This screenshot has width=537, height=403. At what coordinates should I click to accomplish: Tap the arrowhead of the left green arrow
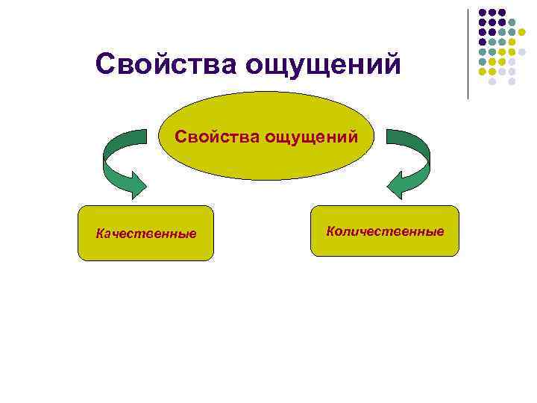click(x=137, y=184)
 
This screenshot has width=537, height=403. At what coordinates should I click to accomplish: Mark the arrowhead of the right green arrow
click(x=395, y=184)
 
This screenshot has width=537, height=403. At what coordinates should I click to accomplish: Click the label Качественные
click(x=146, y=234)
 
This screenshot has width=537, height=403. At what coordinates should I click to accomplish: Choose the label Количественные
click(x=385, y=231)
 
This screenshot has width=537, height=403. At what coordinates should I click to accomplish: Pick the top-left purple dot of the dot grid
click(x=483, y=13)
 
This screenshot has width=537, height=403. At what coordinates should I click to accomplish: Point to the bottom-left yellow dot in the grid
click(x=483, y=72)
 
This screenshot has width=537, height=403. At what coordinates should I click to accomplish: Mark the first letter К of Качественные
click(x=100, y=234)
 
